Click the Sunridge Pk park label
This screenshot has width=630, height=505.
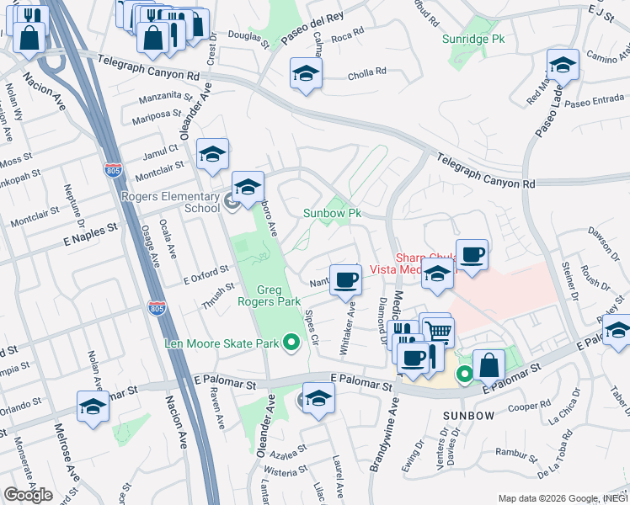[473, 39]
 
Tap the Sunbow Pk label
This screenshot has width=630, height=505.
[332, 214]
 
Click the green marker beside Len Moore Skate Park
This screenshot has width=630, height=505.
[291, 342]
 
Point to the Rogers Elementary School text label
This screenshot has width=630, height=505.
[170, 202]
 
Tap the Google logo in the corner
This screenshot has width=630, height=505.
[28, 495]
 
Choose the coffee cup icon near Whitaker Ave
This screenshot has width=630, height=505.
[344, 280]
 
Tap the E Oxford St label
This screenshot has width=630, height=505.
[206, 270]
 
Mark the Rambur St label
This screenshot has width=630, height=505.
[511, 461]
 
